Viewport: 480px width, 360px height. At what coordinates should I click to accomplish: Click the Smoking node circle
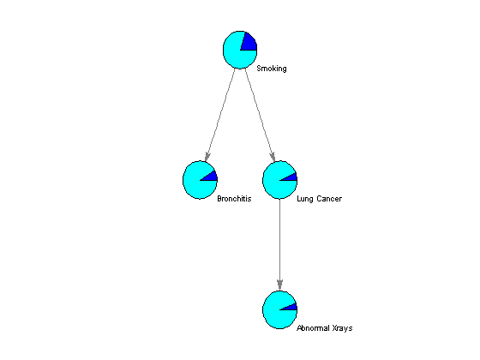tap(240, 50)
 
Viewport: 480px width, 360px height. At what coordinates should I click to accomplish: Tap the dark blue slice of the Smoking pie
tap(249, 43)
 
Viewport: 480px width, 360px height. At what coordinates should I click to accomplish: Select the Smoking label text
tap(272, 69)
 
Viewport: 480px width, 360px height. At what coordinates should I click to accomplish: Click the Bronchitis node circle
tap(201, 180)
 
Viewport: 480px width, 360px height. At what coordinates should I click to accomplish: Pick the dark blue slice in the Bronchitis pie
tap(211, 177)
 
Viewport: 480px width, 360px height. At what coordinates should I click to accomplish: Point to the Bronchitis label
tap(234, 199)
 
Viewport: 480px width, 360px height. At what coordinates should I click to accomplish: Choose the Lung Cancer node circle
tap(279, 180)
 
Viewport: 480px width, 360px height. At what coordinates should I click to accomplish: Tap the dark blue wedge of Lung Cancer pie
tap(291, 177)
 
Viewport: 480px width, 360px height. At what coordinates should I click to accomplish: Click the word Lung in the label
tap(305, 199)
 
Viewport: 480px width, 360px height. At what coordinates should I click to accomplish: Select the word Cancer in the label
tap(329, 199)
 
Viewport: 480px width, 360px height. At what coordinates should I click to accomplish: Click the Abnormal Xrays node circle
tap(279, 309)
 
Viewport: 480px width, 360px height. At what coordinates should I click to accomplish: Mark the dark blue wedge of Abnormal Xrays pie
tap(291, 308)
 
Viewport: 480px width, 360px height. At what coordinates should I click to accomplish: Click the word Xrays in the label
tap(343, 328)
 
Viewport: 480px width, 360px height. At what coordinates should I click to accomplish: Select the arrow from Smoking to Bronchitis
tap(220, 115)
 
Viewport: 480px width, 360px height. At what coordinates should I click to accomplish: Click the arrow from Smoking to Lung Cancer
tap(260, 115)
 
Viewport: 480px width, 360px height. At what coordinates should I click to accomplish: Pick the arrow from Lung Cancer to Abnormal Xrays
tap(279, 244)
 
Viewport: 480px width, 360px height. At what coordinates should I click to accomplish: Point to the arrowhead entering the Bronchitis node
tap(207, 157)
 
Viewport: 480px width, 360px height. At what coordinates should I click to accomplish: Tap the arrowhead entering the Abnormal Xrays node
tap(279, 285)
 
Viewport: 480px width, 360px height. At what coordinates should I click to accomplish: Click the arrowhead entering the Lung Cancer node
tap(273, 157)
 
